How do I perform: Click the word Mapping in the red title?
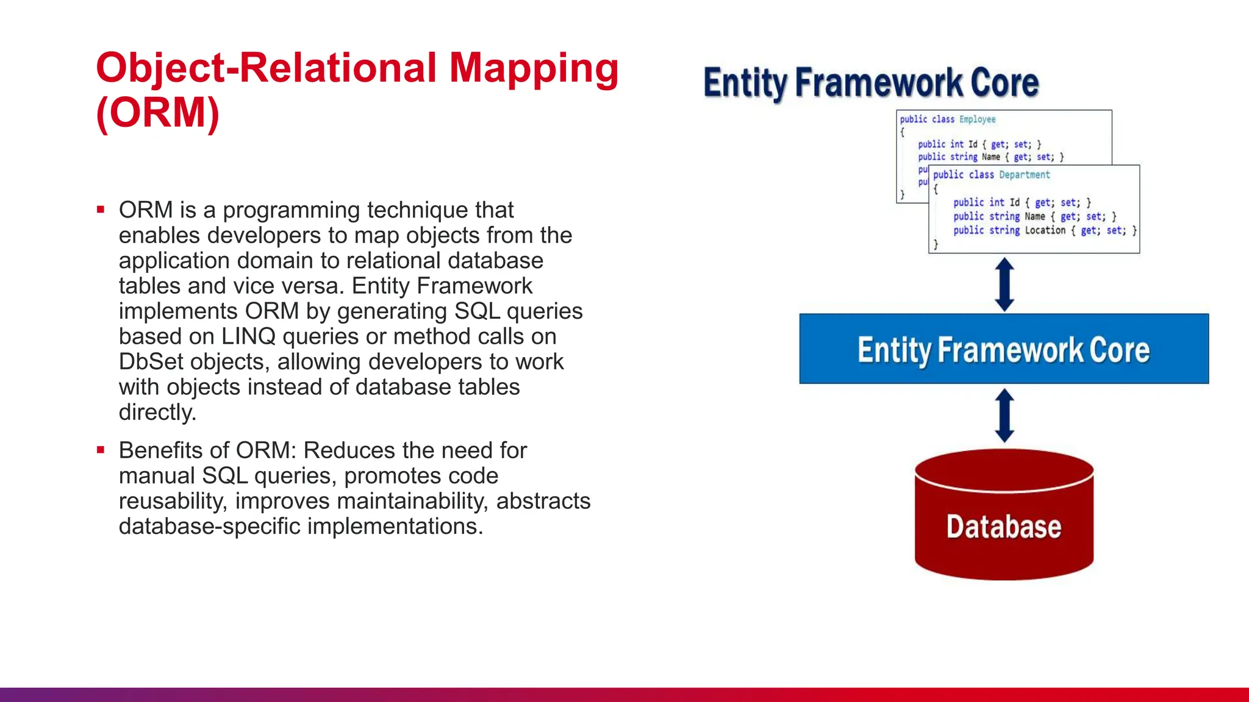(x=534, y=68)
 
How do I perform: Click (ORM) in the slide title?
(x=157, y=113)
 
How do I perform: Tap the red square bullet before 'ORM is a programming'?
(x=101, y=210)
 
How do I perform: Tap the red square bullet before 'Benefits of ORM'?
(x=101, y=450)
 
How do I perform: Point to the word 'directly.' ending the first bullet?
(x=157, y=413)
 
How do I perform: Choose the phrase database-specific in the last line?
(x=210, y=526)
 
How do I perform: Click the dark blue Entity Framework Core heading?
(x=871, y=83)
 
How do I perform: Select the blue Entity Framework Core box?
(x=1003, y=349)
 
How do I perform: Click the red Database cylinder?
(x=1004, y=518)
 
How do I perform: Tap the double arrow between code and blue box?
(x=1004, y=285)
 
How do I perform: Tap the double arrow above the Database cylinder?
(x=1004, y=416)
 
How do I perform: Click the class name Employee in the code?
(x=977, y=119)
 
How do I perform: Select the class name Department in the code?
(x=1024, y=175)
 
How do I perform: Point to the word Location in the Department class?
(x=1045, y=230)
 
